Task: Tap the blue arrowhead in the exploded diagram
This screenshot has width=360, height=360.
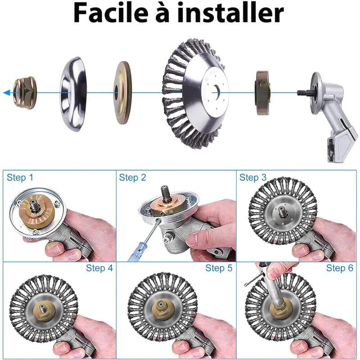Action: click(x=7, y=93)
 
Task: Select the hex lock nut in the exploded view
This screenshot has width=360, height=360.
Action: click(x=25, y=93)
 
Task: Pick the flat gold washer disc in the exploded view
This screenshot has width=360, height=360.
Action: click(x=122, y=93)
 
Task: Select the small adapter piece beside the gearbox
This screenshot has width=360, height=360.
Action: click(x=263, y=92)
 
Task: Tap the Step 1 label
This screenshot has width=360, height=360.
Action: click(x=20, y=178)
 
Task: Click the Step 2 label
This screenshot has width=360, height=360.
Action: click(x=132, y=178)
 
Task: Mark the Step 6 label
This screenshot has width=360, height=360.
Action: click(x=339, y=268)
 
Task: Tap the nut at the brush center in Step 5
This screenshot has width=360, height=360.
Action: click(x=160, y=306)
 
